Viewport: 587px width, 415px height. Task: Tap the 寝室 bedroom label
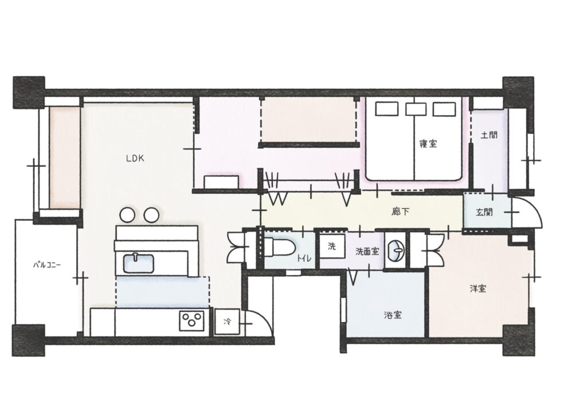(428, 144)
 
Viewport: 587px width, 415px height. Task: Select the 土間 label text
(488, 137)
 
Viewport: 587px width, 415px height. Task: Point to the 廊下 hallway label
(401, 212)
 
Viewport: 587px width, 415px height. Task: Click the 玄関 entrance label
(484, 212)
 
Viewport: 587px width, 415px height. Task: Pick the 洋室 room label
(478, 289)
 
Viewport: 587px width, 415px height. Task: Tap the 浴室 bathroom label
(392, 315)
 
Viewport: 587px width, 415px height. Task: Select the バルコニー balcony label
(47, 265)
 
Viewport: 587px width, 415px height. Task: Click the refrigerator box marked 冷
(228, 322)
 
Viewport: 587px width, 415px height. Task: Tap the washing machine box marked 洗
(331, 248)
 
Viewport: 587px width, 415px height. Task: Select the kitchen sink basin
(138, 264)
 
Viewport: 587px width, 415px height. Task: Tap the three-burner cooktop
(191, 320)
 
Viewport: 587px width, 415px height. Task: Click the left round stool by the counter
(127, 215)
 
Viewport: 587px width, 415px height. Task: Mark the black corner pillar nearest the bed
(518, 91)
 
